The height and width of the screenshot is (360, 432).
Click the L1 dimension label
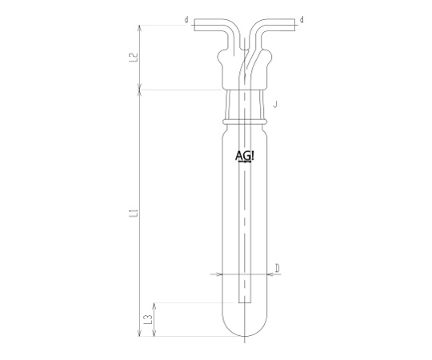tap(134, 213)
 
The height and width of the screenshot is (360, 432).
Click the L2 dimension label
tap(134, 58)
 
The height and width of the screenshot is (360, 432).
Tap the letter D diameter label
tap(278, 268)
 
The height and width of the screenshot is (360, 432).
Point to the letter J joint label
tap(274, 104)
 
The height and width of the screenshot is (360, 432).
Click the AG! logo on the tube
tap(244, 157)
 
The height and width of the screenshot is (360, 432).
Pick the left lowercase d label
tap(186, 20)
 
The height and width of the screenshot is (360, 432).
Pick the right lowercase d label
tap(302, 20)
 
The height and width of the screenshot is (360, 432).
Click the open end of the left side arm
tap(194, 25)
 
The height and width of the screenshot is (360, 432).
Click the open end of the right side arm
tap(294, 25)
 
